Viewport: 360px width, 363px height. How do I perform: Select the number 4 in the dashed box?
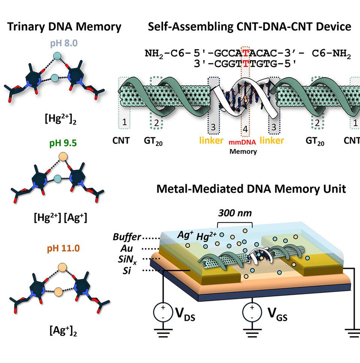pos(245,129)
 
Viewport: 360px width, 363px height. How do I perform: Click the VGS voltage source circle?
pos(252,312)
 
